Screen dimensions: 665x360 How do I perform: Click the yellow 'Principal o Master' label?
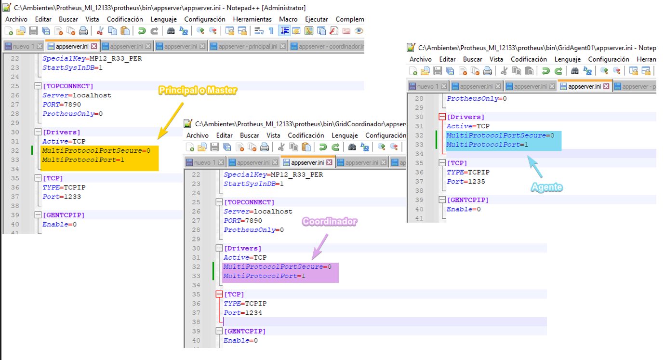click(198, 90)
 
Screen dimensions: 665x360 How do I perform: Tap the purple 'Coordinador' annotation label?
click(330, 221)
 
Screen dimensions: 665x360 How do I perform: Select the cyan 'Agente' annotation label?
click(546, 187)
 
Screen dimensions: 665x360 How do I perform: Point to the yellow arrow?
click(171, 121)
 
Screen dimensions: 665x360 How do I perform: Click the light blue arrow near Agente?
click(535, 167)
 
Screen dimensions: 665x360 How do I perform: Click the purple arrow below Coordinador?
click(320, 246)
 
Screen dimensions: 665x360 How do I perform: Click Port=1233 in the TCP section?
click(62, 197)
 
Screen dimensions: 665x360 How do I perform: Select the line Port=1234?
click(243, 313)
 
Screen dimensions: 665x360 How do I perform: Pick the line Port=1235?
click(466, 182)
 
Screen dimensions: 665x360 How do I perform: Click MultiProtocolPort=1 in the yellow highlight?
click(83, 160)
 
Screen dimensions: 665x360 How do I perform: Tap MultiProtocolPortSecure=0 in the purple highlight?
click(277, 267)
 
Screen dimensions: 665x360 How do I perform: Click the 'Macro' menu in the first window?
click(288, 19)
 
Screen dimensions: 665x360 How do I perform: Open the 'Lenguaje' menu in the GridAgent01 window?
click(567, 59)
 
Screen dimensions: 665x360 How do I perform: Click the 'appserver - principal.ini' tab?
click(248, 47)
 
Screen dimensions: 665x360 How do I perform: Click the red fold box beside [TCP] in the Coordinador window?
click(219, 294)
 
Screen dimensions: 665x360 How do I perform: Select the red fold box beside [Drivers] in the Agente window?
click(442, 117)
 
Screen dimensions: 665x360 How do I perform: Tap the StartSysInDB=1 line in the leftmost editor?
click(72, 68)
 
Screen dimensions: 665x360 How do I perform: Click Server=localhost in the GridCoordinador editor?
click(258, 212)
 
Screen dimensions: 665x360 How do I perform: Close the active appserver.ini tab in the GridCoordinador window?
click(329, 162)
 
